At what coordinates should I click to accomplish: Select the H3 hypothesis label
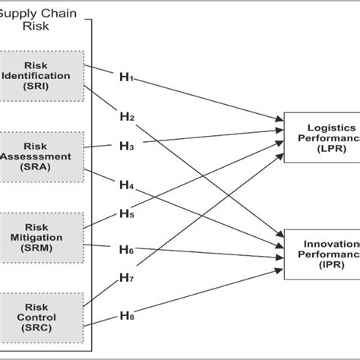(126, 145)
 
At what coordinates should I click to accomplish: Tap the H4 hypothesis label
(126, 185)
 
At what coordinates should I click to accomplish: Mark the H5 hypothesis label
(126, 214)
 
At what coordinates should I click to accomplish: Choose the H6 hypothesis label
(126, 250)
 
